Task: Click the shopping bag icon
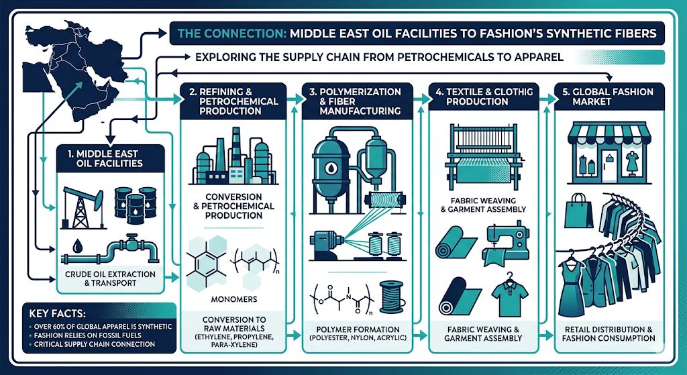coord(578,210)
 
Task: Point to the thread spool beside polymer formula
coord(388,295)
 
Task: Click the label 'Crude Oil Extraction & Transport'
coord(110,278)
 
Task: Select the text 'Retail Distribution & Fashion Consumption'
coord(609,333)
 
